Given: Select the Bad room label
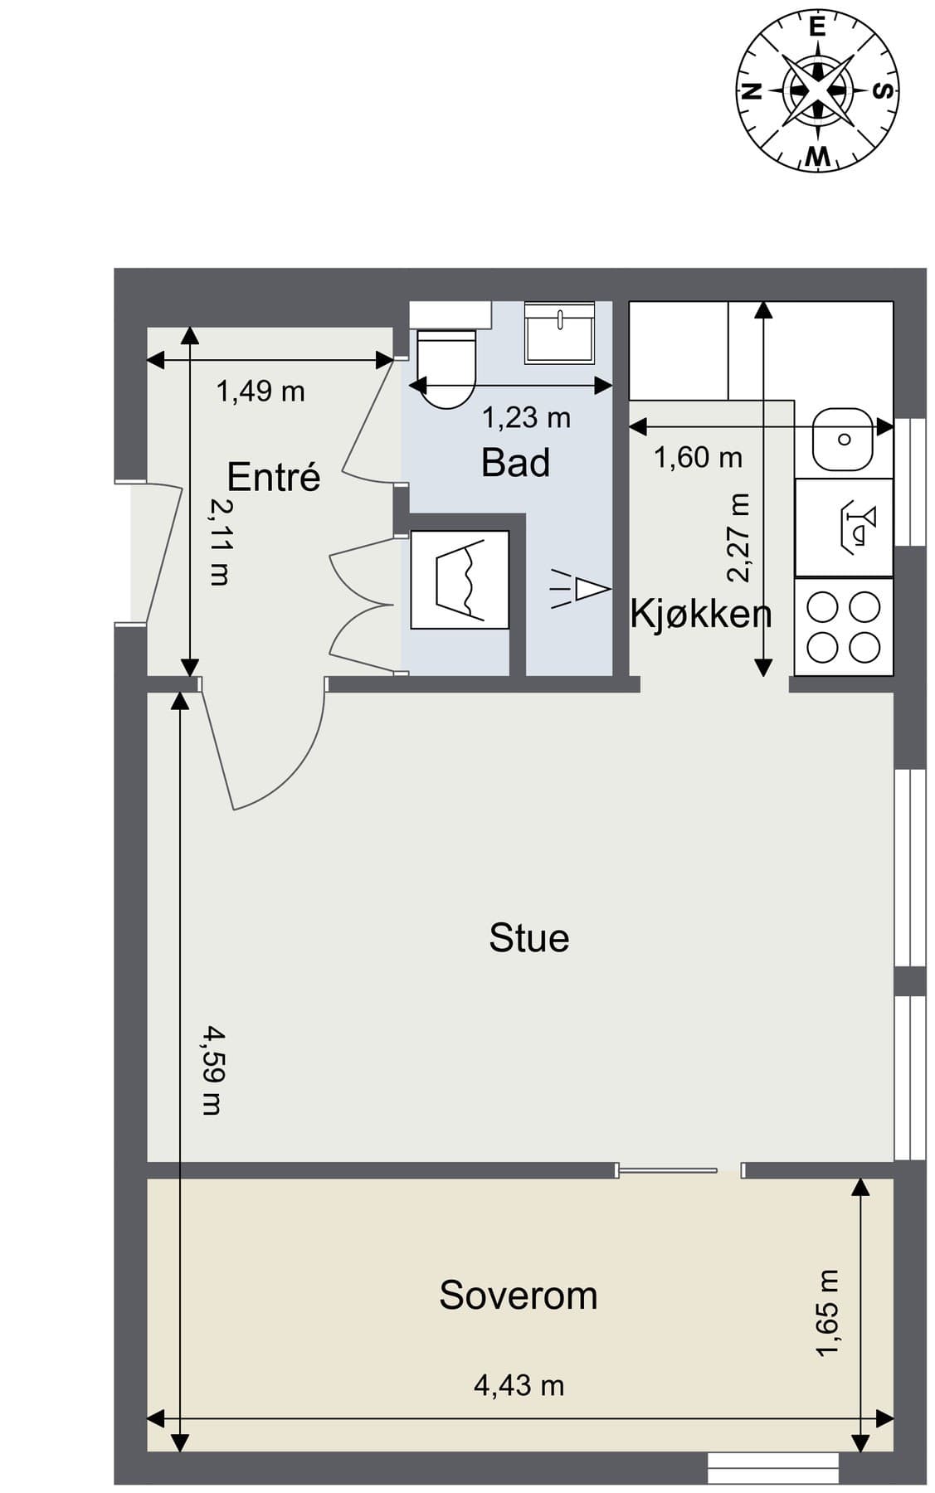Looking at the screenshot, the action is click(x=515, y=462).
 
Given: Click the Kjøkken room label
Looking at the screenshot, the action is click(x=701, y=614).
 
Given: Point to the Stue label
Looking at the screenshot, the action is click(x=529, y=938).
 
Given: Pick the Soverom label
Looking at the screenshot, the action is click(x=519, y=1296).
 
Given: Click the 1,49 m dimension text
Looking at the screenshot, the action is click(x=261, y=391).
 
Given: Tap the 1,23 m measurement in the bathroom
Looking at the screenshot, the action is click(x=527, y=417).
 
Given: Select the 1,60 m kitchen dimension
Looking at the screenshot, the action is click(x=698, y=457).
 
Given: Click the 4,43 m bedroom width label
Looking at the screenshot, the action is click(x=519, y=1385).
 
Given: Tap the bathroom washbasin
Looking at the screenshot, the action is click(x=560, y=332).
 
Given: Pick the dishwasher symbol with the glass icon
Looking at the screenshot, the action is click(x=844, y=528).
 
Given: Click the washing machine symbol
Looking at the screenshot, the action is click(x=460, y=580).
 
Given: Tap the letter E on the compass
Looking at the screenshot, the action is click(x=817, y=27).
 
